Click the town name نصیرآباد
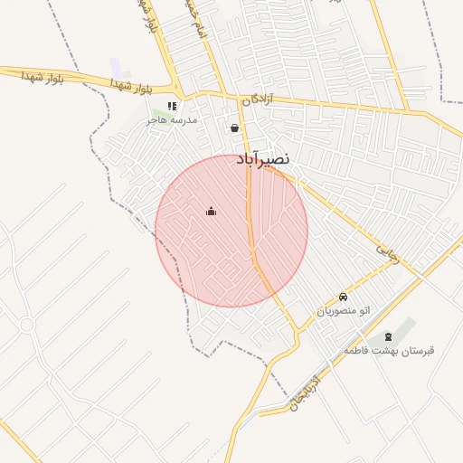tap(264, 158)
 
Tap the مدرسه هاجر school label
tap(173, 120)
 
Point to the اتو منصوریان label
tap(343, 311)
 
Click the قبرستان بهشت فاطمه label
tap(388, 350)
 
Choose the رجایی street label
tap(386, 245)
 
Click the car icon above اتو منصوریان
tap(343, 297)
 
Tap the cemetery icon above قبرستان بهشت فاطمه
tap(389, 336)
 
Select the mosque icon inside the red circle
tap(212, 212)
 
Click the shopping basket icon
tap(235, 128)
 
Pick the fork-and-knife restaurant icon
tap(172, 106)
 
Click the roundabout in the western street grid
tap(26, 325)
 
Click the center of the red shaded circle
tap(231, 231)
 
